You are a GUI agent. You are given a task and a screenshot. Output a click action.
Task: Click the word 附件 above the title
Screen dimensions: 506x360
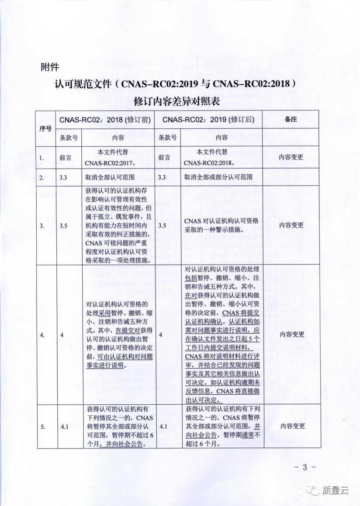[x=49, y=67]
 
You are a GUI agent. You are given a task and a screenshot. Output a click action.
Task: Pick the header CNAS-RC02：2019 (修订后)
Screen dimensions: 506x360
[x=208, y=119]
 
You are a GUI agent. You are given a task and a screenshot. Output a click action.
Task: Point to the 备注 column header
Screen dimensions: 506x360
[x=291, y=119]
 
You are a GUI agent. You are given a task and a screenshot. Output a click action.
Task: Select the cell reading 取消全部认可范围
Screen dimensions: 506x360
[x=110, y=177]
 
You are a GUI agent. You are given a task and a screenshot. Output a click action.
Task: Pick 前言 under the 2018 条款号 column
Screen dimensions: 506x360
[x=66, y=158]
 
